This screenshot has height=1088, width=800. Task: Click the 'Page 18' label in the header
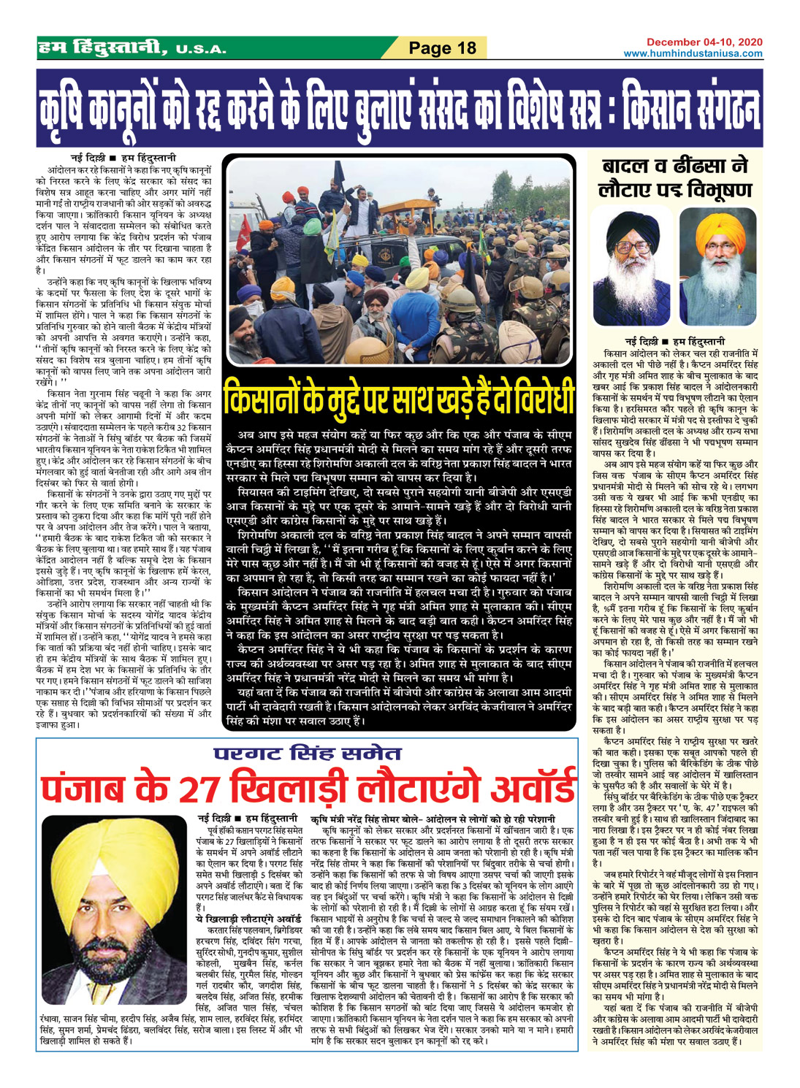(x=442, y=48)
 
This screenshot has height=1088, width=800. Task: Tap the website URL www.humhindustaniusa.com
(x=693, y=53)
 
